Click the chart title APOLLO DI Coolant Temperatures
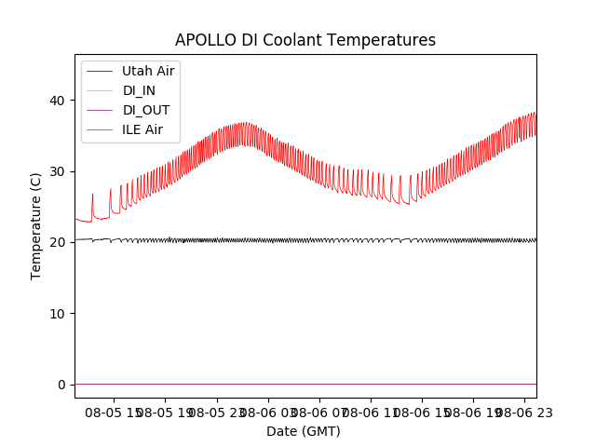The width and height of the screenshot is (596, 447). click(x=305, y=40)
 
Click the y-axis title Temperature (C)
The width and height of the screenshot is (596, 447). click(x=36, y=225)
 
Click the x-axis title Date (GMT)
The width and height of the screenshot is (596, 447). click(x=304, y=431)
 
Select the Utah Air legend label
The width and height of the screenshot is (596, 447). click(x=148, y=71)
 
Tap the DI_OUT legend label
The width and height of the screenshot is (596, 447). click(x=146, y=110)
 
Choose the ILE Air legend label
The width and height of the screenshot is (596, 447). click(x=142, y=129)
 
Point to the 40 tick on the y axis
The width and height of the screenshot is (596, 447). click(x=57, y=101)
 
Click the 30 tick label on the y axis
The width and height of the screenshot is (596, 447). click(x=57, y=171)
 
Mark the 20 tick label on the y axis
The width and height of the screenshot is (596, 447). click(x=57, y=242)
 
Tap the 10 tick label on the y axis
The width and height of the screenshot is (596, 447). click(x=57, y=313)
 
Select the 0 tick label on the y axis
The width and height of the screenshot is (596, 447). click(x=61, y=385)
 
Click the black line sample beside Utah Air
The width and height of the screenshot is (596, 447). click(x=101, y=71)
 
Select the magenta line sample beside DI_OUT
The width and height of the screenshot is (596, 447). click(x=101, y=110)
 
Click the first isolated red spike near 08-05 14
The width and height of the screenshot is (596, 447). click(x=92, y=196)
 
